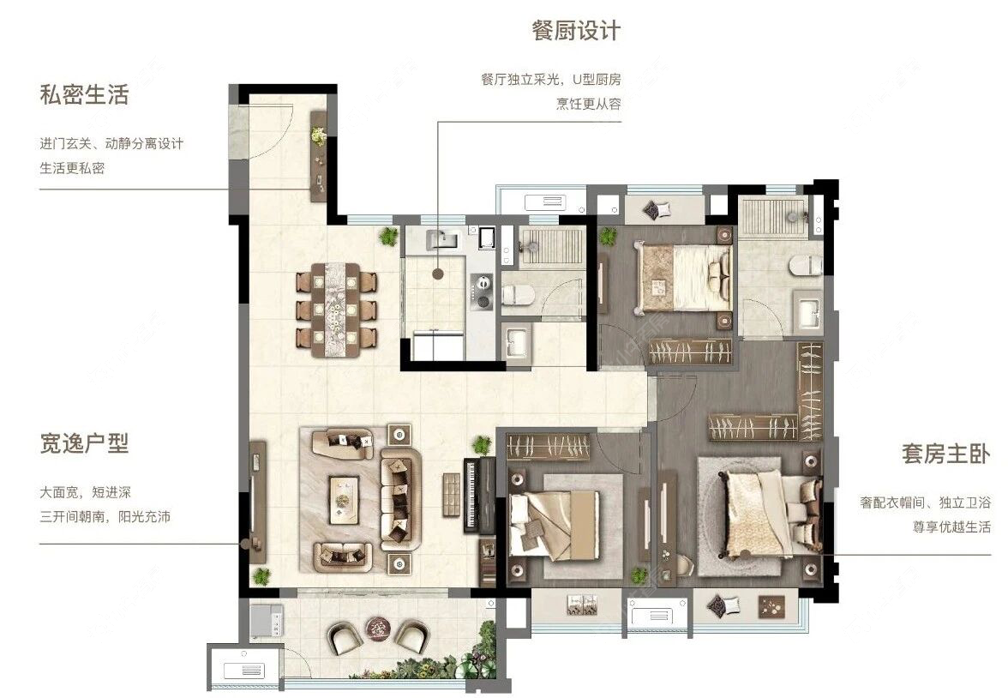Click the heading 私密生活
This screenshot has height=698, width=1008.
pyautogui.click(x=84, y=95)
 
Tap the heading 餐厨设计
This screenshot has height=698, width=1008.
pyautogui.click(x=576, y=32)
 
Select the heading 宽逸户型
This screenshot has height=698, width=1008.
pyautogui.click(x=84, y=443)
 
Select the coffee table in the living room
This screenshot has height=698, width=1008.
pyautogui.click(x=345, y=495)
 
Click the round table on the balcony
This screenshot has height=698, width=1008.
pyautogui.click(x=377, y=629)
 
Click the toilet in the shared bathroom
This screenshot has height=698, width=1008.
pyautogui.click(x=519, y=296)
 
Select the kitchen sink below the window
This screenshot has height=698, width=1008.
pyautogui.click(x=445, y=240)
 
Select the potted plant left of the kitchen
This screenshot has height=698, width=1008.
pyautogui.click(x=389, y=236)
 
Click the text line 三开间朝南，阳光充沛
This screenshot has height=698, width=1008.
pyautogui.click(x=105, y=517)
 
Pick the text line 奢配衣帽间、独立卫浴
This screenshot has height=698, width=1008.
pyautogui.click(x=926, y=503)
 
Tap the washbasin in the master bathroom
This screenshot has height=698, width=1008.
pyautogui.click(x=807, y=314)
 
